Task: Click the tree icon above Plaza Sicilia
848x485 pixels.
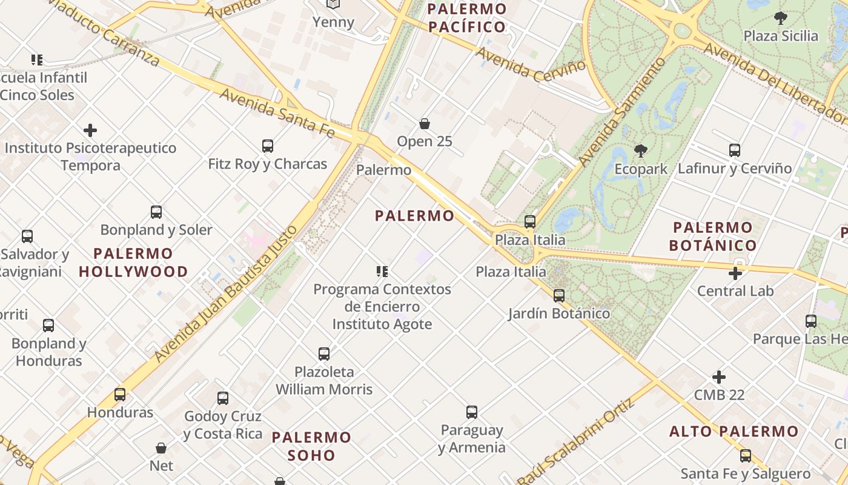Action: pos(781,18)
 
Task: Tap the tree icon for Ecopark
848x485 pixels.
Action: pos(640,151)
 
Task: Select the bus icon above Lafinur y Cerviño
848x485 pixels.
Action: pos(735,150)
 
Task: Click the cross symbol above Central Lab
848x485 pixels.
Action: pos(735,273)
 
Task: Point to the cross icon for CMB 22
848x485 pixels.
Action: pos(719,377)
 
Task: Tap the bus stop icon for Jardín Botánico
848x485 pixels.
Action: pos(559,296)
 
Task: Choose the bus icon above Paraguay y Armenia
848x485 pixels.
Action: pos(472,412)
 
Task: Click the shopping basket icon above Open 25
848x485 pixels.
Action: pos(425,124)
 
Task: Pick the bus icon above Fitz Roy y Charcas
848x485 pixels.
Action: pos(268,146)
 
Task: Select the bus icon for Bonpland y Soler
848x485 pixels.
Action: pos(156,212)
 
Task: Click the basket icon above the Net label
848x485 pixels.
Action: pos(161,448)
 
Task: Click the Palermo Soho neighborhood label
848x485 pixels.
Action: pos(311,446)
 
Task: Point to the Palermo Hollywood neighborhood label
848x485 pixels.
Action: pos(133,262)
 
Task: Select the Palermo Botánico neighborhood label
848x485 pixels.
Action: pos(714,236)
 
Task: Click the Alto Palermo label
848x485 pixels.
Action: pos(734,432)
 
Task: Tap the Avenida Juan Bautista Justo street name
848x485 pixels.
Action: pos(227,293)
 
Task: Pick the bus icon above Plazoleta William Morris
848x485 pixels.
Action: pos(324,353)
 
